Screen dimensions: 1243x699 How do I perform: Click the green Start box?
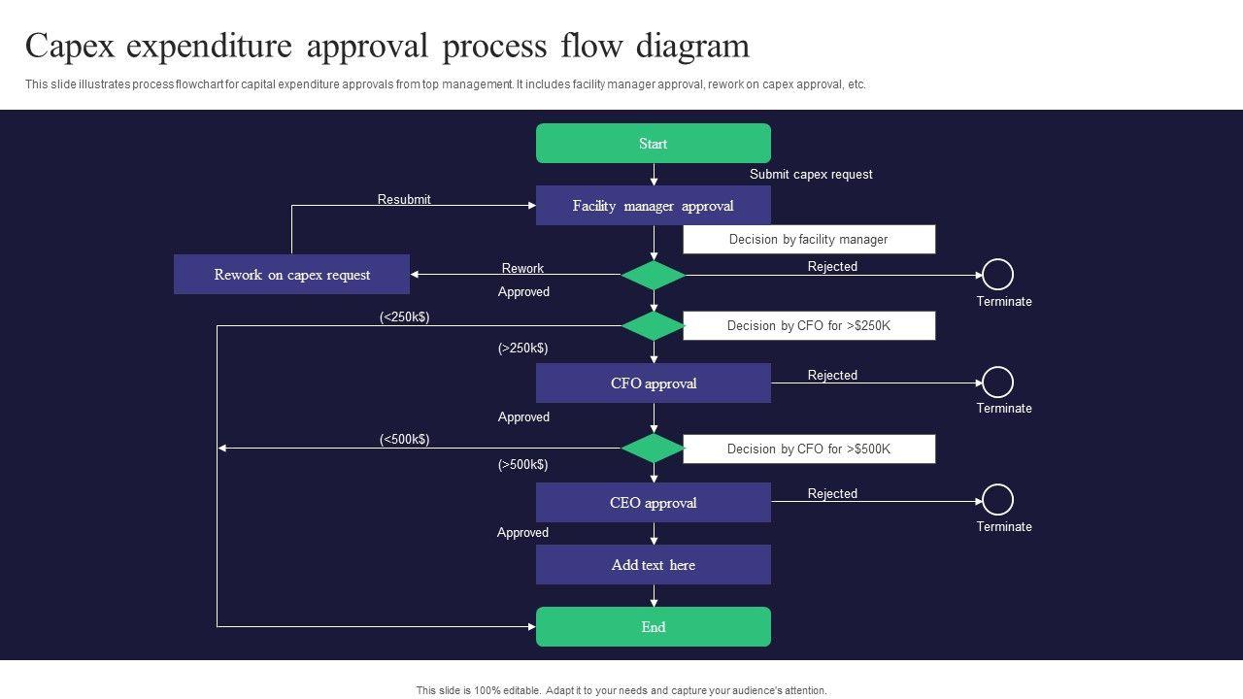pos(654,143)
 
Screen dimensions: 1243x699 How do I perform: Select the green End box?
pos(654,627)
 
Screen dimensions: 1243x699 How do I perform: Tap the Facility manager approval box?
pos(654,205)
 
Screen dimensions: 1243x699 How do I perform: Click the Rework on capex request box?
pos(292,274)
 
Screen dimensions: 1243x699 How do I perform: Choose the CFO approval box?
pos(654,383)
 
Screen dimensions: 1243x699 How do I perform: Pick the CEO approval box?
pos(654,502)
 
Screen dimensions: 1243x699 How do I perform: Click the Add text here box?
pos(654,564)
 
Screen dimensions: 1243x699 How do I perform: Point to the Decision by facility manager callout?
pos(809,239)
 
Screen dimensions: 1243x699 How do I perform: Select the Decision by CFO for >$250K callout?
pos(809,325)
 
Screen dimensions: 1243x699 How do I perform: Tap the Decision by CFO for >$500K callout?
pos(809,449)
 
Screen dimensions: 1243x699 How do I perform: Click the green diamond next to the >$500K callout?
pos(654,449)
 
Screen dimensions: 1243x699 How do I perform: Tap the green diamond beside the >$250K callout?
pos(654,325)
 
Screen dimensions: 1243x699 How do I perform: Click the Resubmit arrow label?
pos(404,199)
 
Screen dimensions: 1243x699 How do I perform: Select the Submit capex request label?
pos(811,174)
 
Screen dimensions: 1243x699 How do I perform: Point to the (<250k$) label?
pos(405,316)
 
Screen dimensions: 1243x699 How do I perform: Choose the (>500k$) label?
pos(522,464)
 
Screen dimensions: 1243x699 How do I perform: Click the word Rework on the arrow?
pos(522,268)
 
